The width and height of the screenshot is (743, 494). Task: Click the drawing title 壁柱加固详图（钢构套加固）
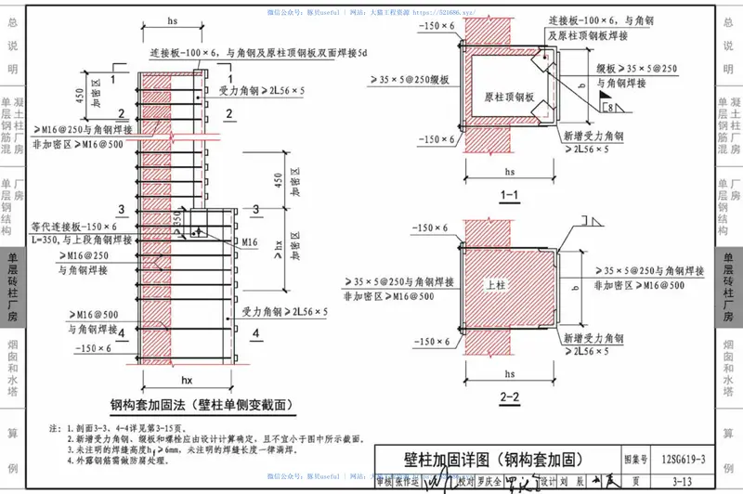pos(490,458)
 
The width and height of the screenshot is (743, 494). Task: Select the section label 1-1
pos(510,196)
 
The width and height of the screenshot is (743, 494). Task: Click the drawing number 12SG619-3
pos(684,458)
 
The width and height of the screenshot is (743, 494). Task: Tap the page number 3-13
pos(684,479)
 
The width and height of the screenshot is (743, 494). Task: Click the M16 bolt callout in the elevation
pos(248,241)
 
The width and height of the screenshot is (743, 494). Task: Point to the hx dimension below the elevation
pos(186,379)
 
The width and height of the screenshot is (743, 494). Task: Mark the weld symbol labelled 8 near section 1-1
pos(614,108)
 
